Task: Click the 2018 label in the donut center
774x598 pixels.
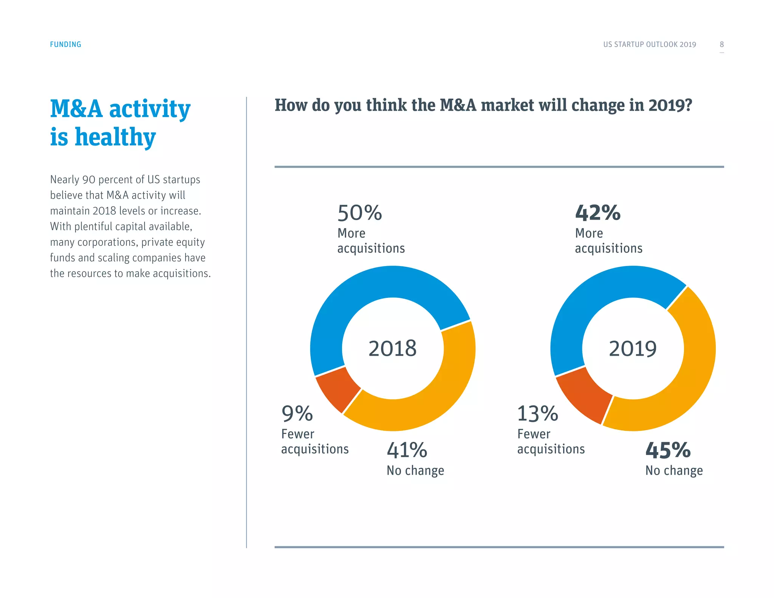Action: point(392,348)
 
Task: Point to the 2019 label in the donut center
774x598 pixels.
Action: point(633,348)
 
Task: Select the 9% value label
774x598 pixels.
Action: point(297,414)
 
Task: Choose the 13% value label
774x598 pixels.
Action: point(537,414)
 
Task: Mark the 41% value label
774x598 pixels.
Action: point(407,450)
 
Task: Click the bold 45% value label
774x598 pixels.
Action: point(668,450)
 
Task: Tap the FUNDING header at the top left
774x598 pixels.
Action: point(65,44)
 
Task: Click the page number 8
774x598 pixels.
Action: point(721,44)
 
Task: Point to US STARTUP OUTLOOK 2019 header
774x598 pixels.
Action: point(649,44)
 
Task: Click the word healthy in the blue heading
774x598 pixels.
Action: point(115,137)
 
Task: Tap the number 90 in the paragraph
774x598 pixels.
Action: point(89,180)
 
